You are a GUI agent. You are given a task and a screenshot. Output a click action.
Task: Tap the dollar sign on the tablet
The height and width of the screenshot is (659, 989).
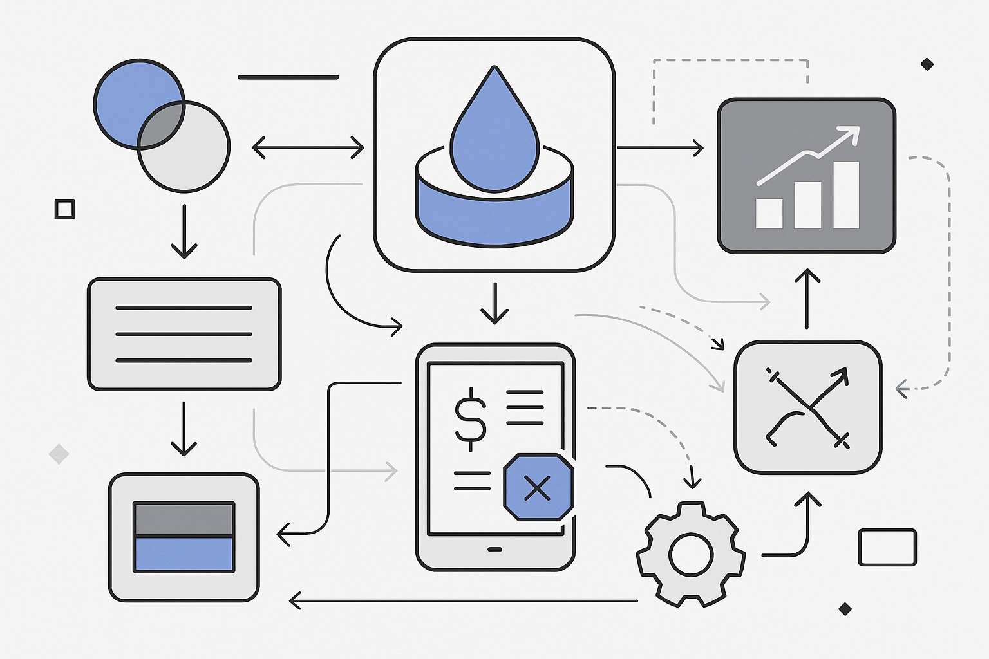pyautogui.click(x=471, y=414)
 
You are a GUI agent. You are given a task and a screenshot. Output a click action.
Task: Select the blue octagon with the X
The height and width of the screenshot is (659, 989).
pyautogui.click(x=538, y=487)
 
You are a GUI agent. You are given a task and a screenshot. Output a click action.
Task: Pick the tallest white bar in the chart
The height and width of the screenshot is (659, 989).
pyautogui.click(x=846, y=194)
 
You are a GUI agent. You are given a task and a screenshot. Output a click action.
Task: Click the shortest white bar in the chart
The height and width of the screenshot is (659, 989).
pyautogui.click(x=769, y=213)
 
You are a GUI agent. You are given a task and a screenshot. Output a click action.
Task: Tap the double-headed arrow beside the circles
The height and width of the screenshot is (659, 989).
pyautogui.click(x=308, y=147)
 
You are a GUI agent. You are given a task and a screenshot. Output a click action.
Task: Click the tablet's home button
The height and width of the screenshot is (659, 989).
pyautogui.click(x=494, y=549)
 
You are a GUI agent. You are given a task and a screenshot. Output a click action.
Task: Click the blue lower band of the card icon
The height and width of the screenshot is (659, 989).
pyautogui.click(x=184, y=554)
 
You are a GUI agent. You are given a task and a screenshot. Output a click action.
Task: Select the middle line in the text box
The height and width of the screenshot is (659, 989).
pyautogui.click(x=184, y=334)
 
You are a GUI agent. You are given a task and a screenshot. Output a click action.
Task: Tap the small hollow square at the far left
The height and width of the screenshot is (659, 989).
pyautogui.click(x=64, y=209)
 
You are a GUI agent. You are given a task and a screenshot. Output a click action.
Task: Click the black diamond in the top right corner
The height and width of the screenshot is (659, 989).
pyautogui.click(x=927, y=64)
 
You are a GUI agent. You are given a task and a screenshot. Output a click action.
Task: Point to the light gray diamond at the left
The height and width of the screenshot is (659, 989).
pyautogui.click(x=59, y=454)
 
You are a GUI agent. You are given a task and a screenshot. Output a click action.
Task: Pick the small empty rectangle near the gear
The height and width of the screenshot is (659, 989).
pyautogui.click(x=887, y=547)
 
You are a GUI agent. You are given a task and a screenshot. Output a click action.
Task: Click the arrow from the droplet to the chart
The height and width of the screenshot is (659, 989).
pyautogui.click(x=660, y=147)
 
